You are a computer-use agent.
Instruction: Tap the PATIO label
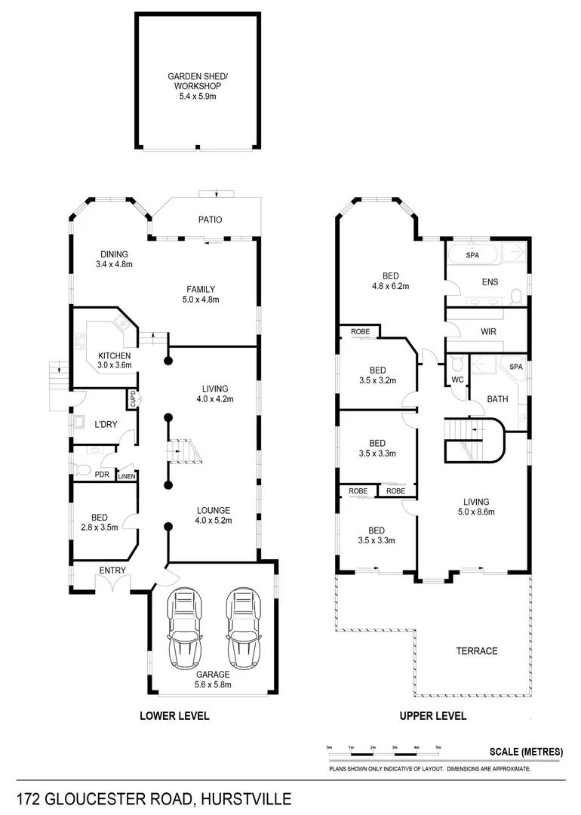210,220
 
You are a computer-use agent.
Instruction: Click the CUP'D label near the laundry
133,398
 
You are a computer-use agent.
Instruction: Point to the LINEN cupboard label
126,475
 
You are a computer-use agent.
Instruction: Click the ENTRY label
112,570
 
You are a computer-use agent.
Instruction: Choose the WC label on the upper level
456,380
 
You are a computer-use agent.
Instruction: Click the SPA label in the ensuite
472,255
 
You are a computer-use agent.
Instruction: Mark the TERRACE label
477,650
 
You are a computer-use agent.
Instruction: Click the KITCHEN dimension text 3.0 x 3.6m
114,365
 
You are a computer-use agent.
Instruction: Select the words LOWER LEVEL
174,715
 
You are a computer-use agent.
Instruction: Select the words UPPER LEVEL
432,715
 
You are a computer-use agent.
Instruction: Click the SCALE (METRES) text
527,751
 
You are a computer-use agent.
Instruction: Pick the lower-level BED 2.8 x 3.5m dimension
99,527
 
